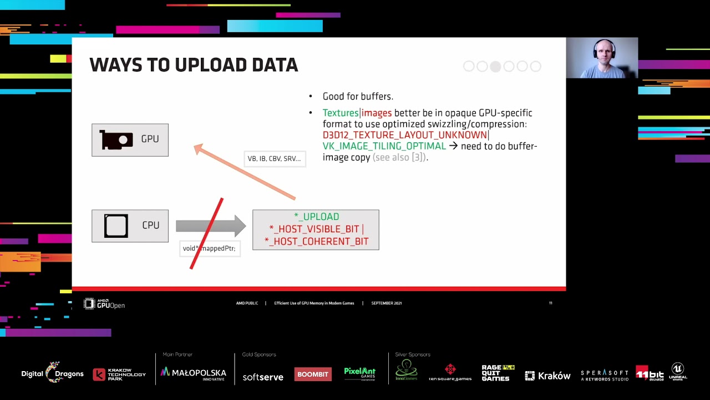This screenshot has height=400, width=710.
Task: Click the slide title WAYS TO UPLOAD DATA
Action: coord(194,65)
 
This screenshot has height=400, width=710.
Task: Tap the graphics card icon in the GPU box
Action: coord(116,140)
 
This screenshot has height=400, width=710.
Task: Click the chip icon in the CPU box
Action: coord(116,226)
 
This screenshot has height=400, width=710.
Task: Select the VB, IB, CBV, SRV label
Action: coord(274,159)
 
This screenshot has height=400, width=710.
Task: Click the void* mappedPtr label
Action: coord(209,248)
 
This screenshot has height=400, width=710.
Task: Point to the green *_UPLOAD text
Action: coord(316,217)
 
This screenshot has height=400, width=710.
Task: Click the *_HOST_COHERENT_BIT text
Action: coord(316,241)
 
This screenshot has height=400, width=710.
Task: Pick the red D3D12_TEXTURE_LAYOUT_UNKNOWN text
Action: coord(404,135)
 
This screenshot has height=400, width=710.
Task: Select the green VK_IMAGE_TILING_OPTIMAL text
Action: coord(384,146)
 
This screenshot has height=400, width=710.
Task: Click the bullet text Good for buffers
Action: coord(358,97)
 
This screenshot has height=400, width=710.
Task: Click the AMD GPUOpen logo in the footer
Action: coord(104,303)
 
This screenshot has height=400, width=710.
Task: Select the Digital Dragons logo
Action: coord(52,373)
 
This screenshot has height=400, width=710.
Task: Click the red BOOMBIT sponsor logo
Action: coord(313,374)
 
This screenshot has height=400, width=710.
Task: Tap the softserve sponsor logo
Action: coord(263,377)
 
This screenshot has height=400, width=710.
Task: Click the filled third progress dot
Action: coord(495,67)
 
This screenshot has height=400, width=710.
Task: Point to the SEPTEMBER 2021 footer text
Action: coord(386,303)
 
